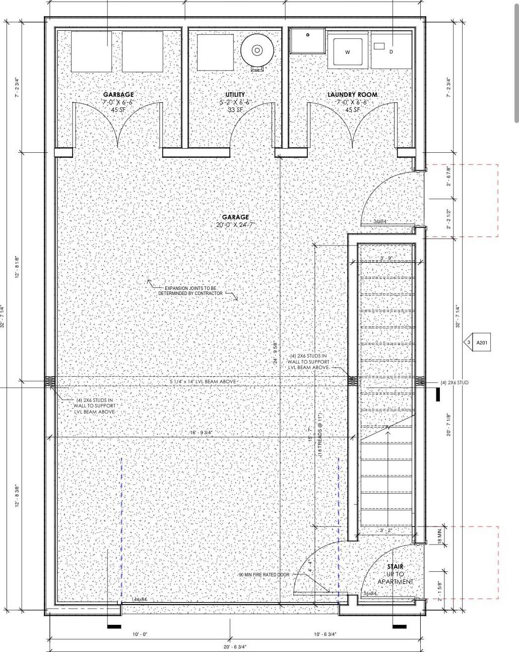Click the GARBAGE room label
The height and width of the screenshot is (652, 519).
[118, 95]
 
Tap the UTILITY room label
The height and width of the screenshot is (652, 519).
[235, 95]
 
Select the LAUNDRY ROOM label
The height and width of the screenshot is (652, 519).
[352, 95]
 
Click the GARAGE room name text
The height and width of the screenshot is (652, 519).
[235, 217]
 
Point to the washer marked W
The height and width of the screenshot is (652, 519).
[347, 52]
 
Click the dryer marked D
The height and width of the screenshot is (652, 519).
[392, 51]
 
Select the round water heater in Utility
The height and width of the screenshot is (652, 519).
[257, 50]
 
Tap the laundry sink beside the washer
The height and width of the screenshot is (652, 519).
[308, 41]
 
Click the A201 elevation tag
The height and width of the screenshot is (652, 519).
[482, 343]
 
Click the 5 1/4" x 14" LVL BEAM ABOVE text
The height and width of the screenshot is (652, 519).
[203, 382]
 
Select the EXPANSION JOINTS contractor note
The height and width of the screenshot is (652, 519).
[190, 290]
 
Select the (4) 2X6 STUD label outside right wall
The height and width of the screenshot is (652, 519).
[454, 383]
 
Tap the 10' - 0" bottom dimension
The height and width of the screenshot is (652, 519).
[140, 634]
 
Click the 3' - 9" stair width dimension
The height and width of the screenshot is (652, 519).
[386, 258]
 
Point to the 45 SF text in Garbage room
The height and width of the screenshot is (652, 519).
[118, 109]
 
